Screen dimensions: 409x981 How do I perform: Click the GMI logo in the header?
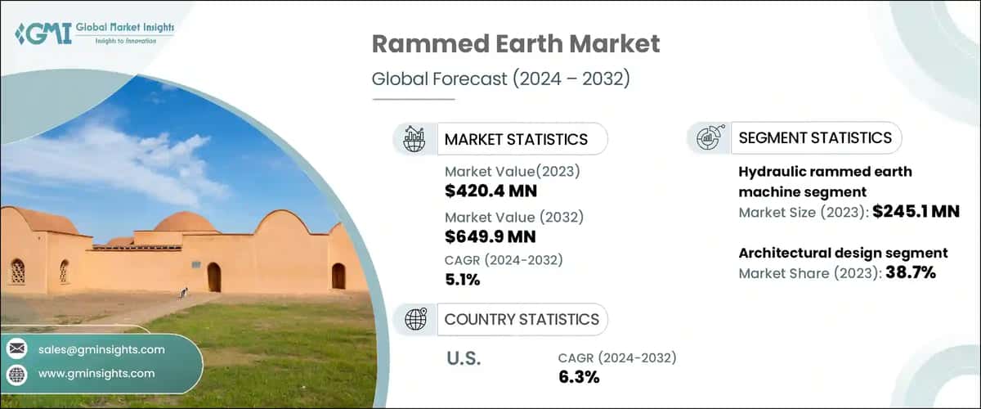tap(95, 33)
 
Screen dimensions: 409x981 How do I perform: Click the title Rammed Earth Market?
tap(515, 44)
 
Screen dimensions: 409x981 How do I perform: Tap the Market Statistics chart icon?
tap(415, 138)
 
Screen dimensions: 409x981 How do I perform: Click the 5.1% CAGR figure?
tap(463, 280)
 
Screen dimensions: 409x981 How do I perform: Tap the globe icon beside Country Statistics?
tap(415, 318)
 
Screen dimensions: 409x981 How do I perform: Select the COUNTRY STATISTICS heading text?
tap(522, 319)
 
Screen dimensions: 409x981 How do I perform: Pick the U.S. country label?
tap(464, 358)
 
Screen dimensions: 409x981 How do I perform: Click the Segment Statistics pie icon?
tap(708, 138)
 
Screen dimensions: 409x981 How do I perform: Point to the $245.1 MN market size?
tap(915, 212)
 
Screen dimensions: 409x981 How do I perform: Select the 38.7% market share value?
tap(907, 273)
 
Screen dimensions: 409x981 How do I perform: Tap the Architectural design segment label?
tap(843, 253)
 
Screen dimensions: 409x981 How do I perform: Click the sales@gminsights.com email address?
tap(101, 349)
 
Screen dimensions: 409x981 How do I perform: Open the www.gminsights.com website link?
tap(96, 374)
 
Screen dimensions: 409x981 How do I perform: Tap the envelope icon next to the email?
tap(16, 349)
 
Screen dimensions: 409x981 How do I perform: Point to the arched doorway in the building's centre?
tap(213, 277)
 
